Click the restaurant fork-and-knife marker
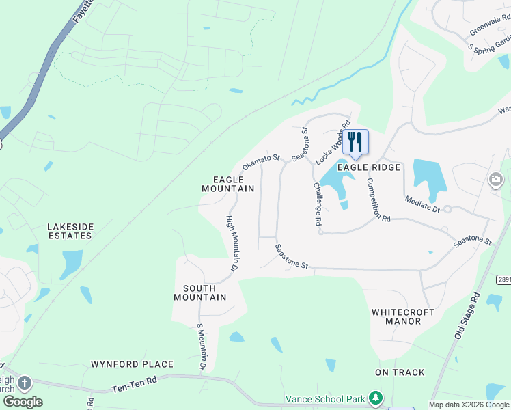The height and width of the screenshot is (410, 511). pyautogui.click(x=355, y=141)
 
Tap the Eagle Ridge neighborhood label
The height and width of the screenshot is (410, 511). pyautogui.click(x=368, y=167)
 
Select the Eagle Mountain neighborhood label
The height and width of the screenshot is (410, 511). pyautogui.click(x=228, y=184)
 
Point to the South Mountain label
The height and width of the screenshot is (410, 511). pyautogui.click(x=200, y=292)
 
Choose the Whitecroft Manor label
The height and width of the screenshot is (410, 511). pyautogui.click(x=403, y=316)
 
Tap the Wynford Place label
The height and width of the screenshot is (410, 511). pyautogui.click(x=133, y=364)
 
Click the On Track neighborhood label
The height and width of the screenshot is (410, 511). pyautogui.click(x=400, y=372)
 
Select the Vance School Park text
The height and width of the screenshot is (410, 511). pyautogui.click(x=325, y=398)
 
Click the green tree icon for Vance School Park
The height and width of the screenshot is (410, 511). pyautogui.click(x=375, y=398)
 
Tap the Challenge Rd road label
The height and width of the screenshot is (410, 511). pyautogui.click(x=317, y=204)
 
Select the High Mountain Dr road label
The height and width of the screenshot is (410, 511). pyautogui.click(x=231, y=245)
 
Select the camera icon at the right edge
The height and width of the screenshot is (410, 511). pyautogui.click(x=496, y=180)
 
